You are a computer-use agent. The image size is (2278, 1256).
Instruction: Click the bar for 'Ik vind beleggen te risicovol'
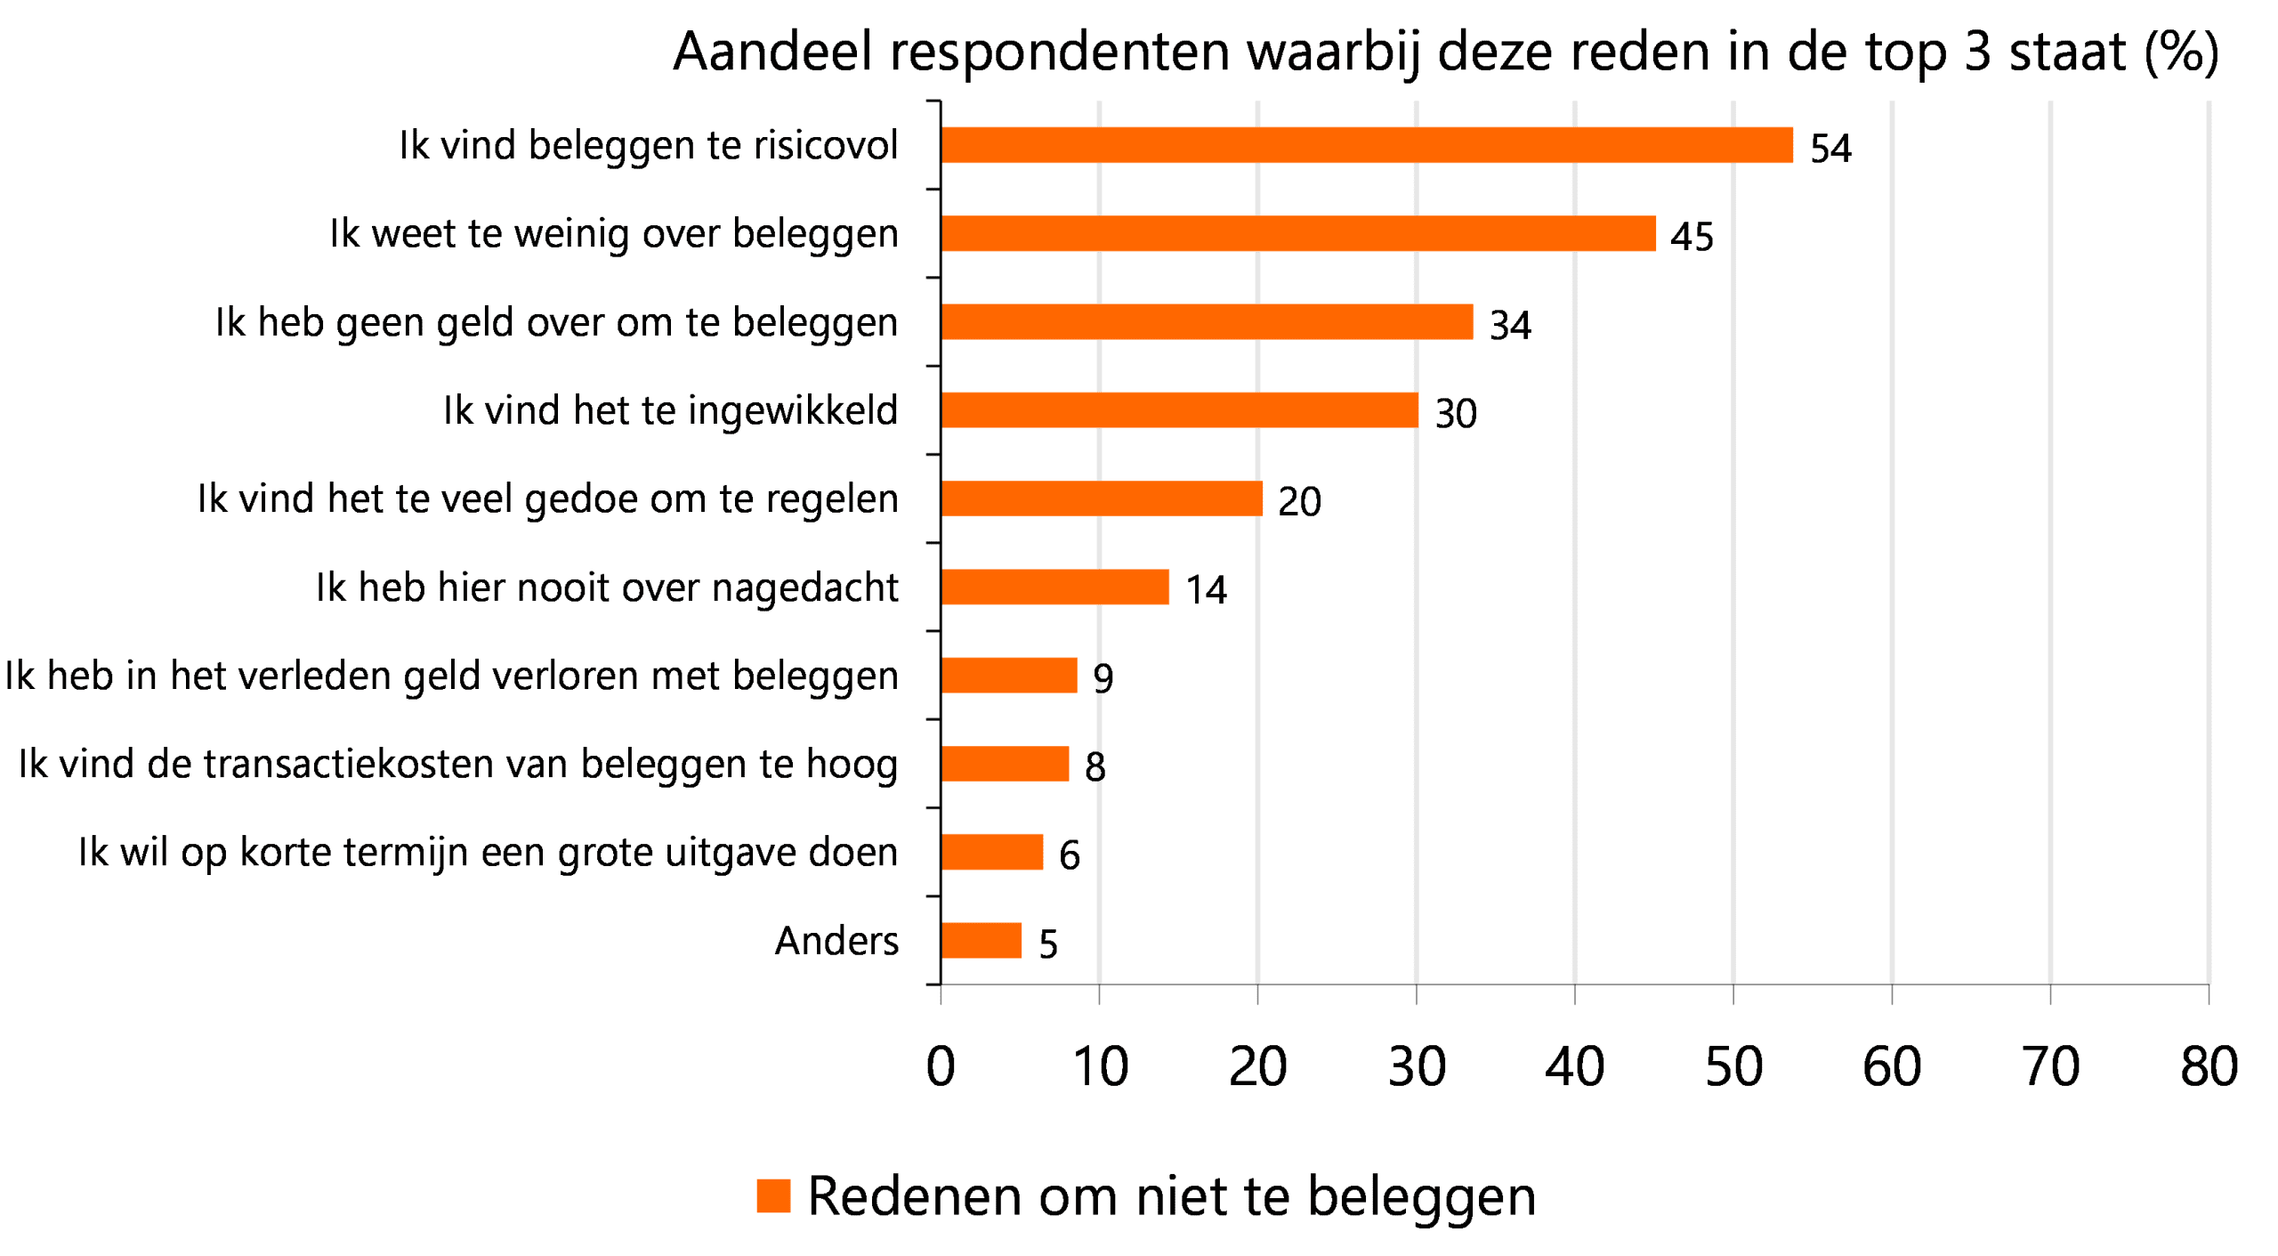(x=1366, y=145)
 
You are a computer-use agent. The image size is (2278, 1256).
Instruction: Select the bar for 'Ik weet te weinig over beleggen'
(x=1297, y=233)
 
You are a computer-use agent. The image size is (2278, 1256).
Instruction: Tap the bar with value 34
(x=1207, y=321)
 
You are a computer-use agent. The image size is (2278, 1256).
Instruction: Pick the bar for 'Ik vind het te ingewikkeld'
(x=1179, y=409)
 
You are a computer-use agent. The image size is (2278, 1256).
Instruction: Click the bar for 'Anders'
(x=981, y=940)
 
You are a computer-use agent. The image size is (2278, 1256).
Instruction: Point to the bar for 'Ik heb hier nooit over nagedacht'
(x=1054, y=587)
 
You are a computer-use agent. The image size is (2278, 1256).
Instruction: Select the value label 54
(x=1830, y=148)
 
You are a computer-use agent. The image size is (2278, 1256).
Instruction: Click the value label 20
(x=1298, y=501)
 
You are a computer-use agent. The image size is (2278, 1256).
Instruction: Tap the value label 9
(x=1103, y=678)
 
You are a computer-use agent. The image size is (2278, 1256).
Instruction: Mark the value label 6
(x=1069, y=855)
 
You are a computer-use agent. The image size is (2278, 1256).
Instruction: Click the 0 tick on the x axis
(x=941, y=1066)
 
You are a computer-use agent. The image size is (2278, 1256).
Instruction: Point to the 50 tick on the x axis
(x=1733, y=1066)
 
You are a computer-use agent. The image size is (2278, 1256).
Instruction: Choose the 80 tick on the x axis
(x=2208, y=1066)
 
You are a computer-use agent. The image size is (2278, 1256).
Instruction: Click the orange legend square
(x=772, y=1195)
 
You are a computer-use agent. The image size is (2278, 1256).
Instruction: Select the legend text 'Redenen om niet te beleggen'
(x=1171, y=1195)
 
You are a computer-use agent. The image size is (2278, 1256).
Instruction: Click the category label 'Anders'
(x=836, y=940)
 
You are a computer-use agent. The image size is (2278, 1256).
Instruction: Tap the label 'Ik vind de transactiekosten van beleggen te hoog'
(x=457, y=764)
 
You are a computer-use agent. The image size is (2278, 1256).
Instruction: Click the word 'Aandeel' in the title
(x=772, y=51)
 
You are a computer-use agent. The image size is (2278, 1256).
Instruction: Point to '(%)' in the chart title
(x=2181, y=51)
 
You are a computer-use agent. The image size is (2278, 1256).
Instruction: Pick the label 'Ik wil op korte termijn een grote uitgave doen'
(x=488, y=852)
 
